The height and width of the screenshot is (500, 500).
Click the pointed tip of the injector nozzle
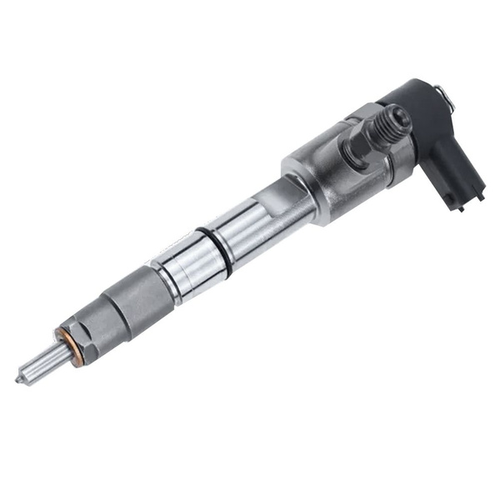(x=19, y=379)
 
